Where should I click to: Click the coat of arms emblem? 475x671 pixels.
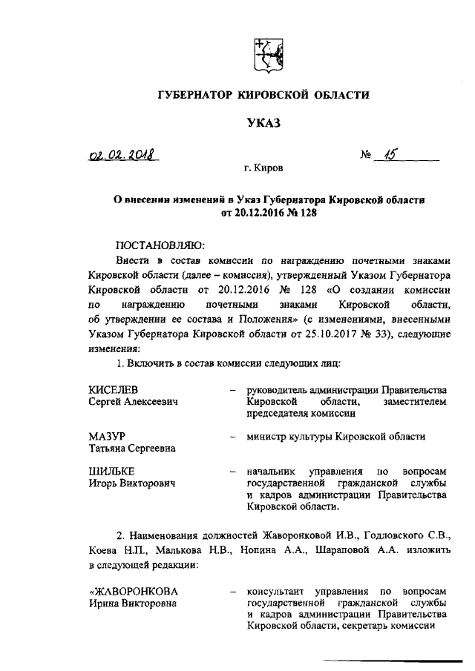click(x=266, y=56)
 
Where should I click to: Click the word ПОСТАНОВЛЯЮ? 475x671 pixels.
click(x=160, y=245)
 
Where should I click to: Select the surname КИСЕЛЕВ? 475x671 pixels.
click(x=114, y=389)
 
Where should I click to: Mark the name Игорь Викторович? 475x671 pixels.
click(x=131, y=483)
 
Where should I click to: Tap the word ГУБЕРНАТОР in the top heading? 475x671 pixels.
click(x=196, y=94)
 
